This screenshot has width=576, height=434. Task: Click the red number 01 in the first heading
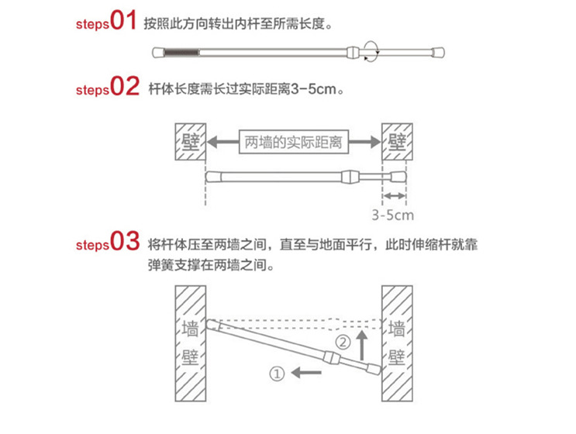[123, 21]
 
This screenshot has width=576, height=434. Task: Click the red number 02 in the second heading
[125, 87]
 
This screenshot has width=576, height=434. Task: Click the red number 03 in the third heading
[125, 242]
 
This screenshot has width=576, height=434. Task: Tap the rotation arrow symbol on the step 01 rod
[370, 53]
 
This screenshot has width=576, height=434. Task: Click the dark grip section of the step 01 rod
[183, 53]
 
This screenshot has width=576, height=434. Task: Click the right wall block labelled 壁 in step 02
[398, 142]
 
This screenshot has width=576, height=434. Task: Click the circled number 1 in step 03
[275, 373]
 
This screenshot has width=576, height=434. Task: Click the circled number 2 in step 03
[343, 341]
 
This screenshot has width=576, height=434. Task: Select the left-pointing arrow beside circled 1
[306, 373]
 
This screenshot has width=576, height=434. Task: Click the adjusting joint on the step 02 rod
[350, 177]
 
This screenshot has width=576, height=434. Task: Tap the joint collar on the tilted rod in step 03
[333, 357]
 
